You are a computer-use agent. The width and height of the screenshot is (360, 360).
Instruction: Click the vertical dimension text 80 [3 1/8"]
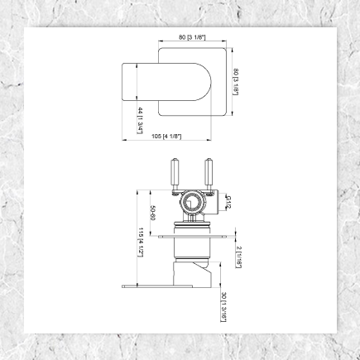(236, 82)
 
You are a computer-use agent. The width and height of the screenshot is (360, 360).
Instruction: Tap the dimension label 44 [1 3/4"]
(141, 120)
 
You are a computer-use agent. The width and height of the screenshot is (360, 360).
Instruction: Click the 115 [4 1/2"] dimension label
(142, 240)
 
